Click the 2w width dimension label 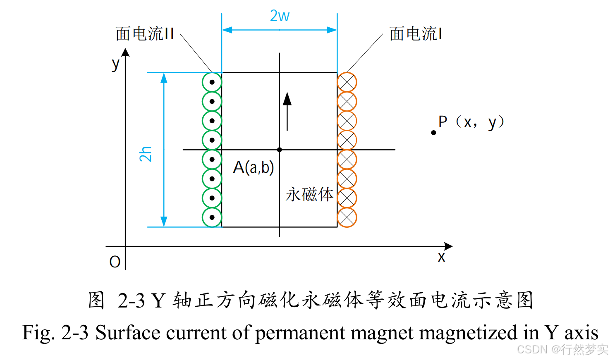coord(280,16)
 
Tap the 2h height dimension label coord(146,154)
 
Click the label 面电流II coord(145,34)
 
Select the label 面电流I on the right coord(416,34)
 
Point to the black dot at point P coord(433,133)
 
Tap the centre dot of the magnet coord(280,150)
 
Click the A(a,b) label coord(254,167)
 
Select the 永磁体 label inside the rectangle coord(309,194)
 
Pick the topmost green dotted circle coord(212,82)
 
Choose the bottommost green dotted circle coord(212,217)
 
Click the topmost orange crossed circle coord(347,82)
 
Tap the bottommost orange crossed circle coord(347,217)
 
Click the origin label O coord(115,262)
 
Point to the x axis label coord(442,257)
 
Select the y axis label coord(115,64)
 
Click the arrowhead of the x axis coord(448,246)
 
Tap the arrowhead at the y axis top coord(125,52)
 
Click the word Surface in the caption coord(128,333)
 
